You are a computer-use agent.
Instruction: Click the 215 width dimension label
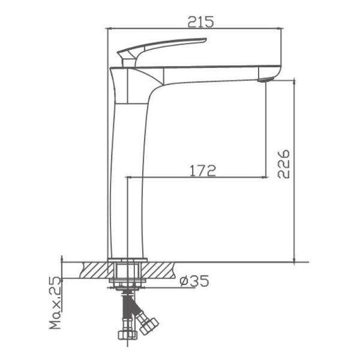200,22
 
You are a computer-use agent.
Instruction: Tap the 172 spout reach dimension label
203,170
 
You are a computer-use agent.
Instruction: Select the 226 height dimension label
284,164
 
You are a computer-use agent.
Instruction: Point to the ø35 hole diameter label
194,281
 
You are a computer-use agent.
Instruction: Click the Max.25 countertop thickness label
55,303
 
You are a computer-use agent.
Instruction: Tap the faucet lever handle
161,51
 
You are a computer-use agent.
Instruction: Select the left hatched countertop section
97,270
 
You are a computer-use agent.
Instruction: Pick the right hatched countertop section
158,270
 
